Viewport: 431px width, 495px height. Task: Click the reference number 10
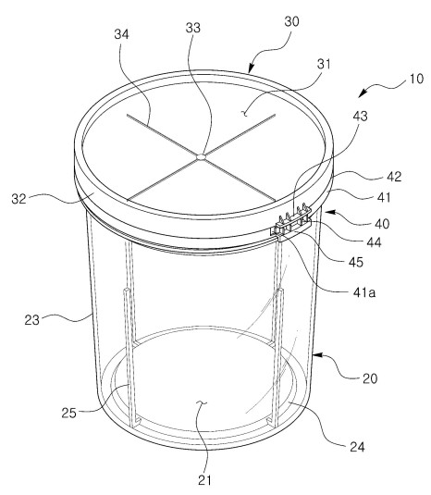[416, 79]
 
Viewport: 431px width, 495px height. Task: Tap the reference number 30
[291, 22]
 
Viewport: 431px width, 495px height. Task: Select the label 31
[324, 64]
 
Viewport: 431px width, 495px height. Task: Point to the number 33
[192, 28]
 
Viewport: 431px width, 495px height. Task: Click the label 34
[121, 34]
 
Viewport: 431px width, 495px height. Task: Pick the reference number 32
[18, 199]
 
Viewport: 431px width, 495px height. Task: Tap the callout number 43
[360, 117]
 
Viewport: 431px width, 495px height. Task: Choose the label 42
[394, 177]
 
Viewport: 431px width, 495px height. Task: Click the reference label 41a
[364, 293]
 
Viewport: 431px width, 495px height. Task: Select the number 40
[382, 224]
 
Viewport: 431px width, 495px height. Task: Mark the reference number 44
[374, 242]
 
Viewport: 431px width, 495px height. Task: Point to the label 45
[355, 262]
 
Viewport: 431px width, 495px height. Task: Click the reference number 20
[370, 378]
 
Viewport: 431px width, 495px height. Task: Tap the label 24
[357, 447]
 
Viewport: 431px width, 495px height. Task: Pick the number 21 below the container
[204, 480]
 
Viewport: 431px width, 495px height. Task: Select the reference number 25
[68, 413]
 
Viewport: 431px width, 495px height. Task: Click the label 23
[31, 320]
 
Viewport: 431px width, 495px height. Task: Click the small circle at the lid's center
[201, 156]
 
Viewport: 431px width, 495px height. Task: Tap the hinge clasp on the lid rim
[290, 222]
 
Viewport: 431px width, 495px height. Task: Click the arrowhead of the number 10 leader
[362, 93]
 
